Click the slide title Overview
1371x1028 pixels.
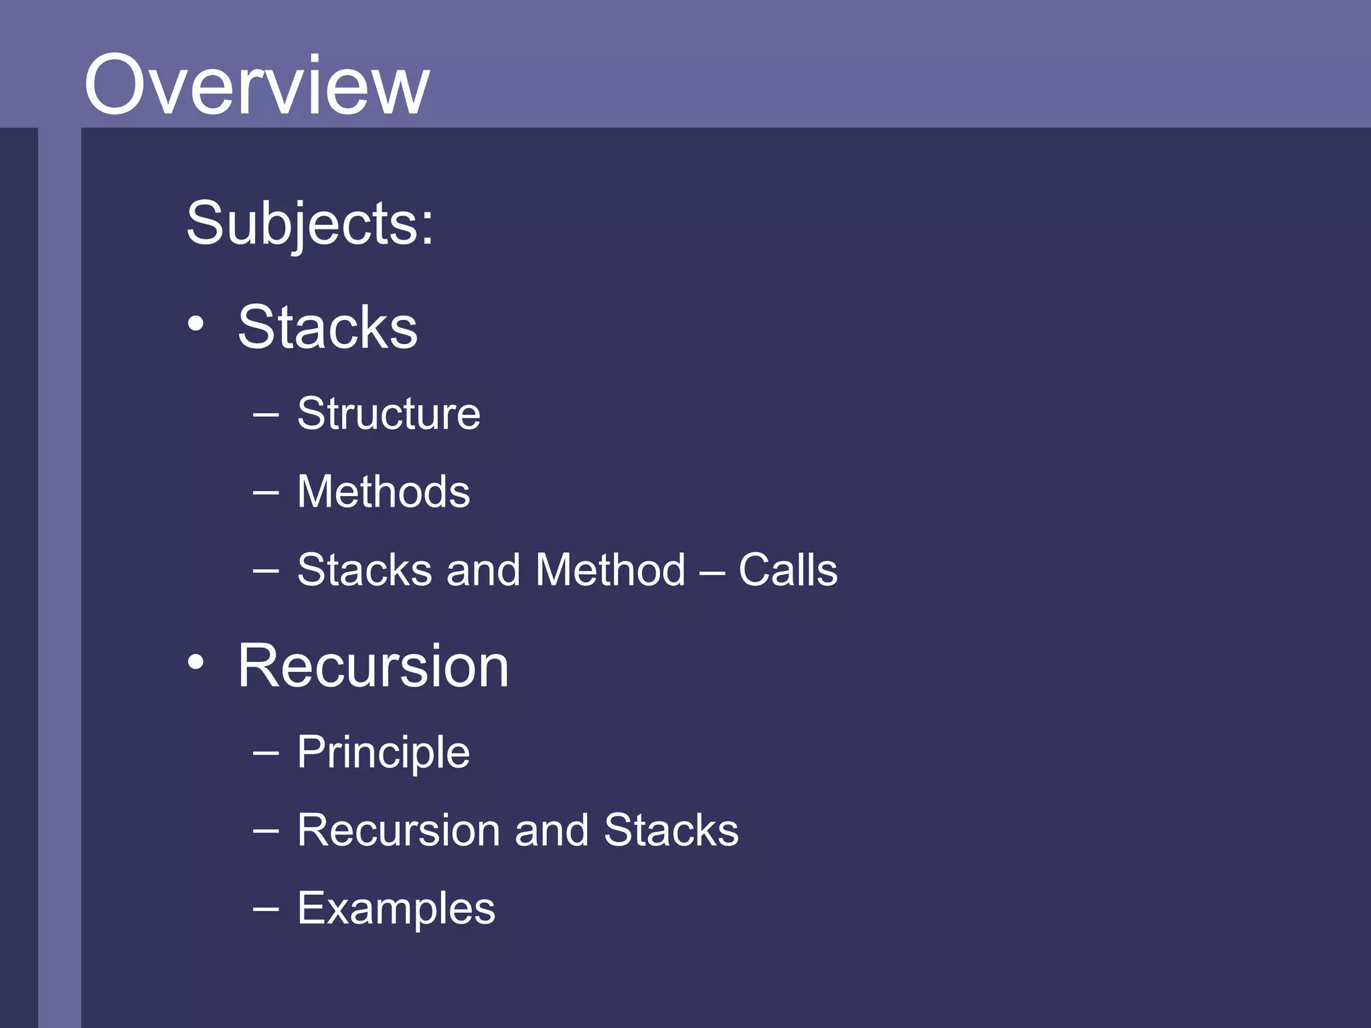(256, 85)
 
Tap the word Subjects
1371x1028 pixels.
(309, 224)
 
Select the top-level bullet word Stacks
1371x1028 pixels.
(327, 327)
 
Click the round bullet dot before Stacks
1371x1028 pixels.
(195, 325)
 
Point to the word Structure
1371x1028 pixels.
(388, 414)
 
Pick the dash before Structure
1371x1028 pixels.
(266, 415)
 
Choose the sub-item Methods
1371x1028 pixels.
(383, 492)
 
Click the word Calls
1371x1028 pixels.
(788, 570)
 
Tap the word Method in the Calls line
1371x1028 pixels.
(611, 570)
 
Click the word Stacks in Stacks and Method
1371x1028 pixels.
(364, 570)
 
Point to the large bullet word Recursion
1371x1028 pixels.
(373, 666)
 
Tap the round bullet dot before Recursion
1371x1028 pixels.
(195, 663)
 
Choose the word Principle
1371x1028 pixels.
(383, 752)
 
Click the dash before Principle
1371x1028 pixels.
(266, 753)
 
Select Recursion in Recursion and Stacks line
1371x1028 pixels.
(398, 831)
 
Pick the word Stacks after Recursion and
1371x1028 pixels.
(671, 831)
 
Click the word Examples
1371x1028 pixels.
(396, 909)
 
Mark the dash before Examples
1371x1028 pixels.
(266, 910)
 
